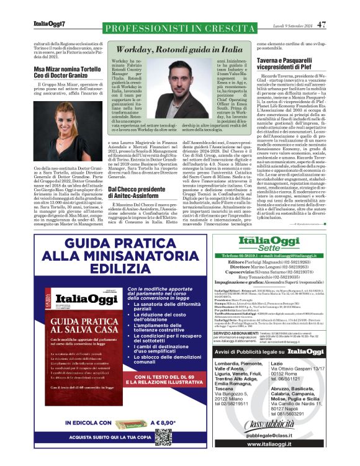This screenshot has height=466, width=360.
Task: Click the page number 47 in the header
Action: point(321,25)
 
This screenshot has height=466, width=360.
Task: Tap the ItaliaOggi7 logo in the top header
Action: point(49,25)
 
